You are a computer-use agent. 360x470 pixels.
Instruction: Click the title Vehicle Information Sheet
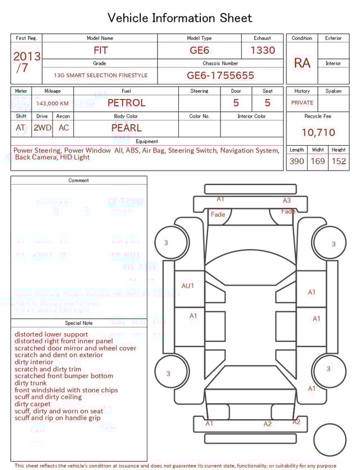pos(180,18)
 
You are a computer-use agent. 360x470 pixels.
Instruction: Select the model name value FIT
pos(100,50)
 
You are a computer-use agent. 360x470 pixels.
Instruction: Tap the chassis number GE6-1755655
pos(220,75)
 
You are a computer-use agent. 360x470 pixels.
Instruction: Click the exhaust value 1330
pos(263,50)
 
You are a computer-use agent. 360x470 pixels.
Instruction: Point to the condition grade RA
pos(302,63)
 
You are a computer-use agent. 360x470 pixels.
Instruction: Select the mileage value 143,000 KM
pos(52,104)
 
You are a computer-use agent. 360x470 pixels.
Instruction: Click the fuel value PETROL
pos(127,103)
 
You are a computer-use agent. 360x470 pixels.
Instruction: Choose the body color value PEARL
pos(127,128)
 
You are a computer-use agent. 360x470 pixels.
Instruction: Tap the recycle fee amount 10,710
pos(318,132)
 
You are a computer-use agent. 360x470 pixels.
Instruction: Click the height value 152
pos(339,161)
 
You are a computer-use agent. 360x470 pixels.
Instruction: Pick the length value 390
pos(296,161)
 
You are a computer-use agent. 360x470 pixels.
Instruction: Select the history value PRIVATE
pos(302,103)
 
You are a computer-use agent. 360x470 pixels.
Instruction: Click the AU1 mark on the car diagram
pos(188,286)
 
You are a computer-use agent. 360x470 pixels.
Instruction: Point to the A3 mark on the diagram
pos(287,200)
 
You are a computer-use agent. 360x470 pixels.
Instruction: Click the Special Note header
pos(79,323)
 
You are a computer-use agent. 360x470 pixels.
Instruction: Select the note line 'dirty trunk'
pos(31,383)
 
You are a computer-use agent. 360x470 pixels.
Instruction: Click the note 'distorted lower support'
pos(51,334)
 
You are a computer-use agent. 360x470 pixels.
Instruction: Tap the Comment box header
pos(79,181)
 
